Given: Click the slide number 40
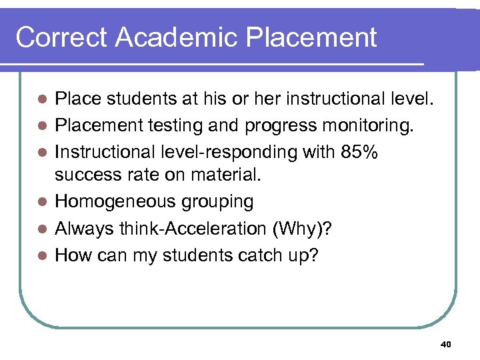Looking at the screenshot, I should click(446, 344).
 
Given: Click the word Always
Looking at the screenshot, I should click(85, 228).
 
